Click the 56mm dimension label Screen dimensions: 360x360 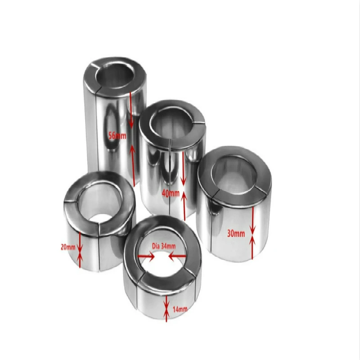pyautogui.click(x=117, y=136)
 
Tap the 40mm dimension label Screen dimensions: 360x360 pyautogui.click(x=171, y=193)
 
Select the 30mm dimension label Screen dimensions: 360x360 pyautogui.click(x=236, y=234)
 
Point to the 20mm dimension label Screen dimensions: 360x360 pyautogui.click(x=68, y=247)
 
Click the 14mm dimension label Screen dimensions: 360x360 pyautogui.click(x=180, y=309)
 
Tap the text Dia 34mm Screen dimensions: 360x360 pyautogui.click(x=164, y=246)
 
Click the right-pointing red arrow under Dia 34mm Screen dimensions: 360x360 pyautogui.click(x=146, y=256)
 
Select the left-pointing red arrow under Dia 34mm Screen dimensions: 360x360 pyautogui.click(x=177, y=256)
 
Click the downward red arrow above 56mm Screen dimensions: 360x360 pyautogui.click(x=131, y=110)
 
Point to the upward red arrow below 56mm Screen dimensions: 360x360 pyautogui.click(x=132, y=165)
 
